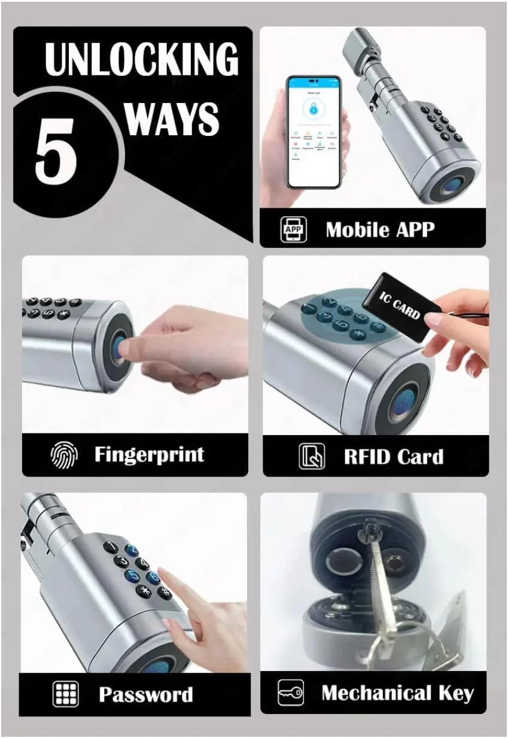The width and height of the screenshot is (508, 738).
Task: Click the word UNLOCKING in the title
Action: (141, 59)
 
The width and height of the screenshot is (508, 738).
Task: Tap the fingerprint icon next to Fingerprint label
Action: (63, 455)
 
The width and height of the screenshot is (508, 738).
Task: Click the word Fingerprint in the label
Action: (149, 454)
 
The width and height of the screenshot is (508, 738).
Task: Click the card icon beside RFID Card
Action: (311, 457)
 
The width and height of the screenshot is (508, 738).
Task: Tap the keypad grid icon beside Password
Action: (65, 694)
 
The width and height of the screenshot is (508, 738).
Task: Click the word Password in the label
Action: (145, 695)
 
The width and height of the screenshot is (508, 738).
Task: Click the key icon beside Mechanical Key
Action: (291, 693)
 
